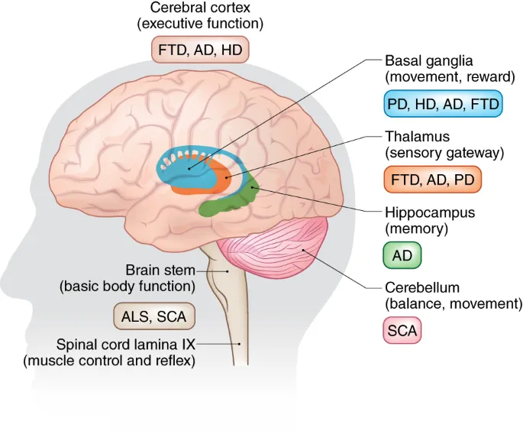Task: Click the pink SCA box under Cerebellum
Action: click(x=402, y=332)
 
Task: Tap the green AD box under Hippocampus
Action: click(x=402, y=256)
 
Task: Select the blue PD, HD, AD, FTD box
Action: click(x=443, y=104)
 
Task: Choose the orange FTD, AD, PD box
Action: click(x=432, y=180)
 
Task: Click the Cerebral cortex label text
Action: click(x=200, y=8)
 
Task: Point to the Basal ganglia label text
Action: click(x=429, y=61)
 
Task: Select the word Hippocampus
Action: click(x=430, y=212)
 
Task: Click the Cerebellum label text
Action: click(x=421, y=288)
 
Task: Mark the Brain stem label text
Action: click(x=160, y=271)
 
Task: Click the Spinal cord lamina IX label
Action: click(x=126, y=345)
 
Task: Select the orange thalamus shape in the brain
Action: click(x=222, y=174)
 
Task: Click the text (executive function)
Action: click(x=200, y=24)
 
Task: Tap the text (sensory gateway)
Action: click(x=444, y=153)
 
